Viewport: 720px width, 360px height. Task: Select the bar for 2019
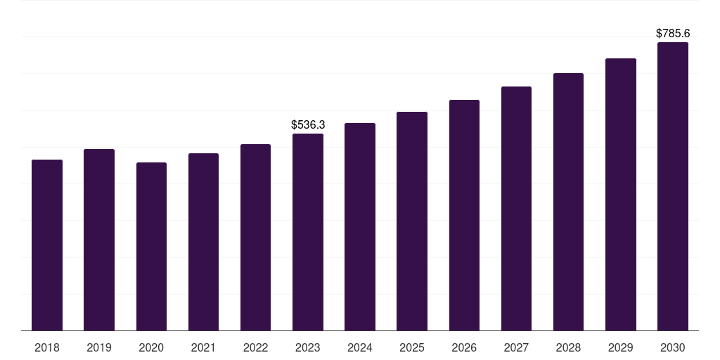pyautogui.click(x=99, y=240)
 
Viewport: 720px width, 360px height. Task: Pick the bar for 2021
pyautogui.click(x=203, y=242)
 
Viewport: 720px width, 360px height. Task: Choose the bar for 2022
pyautogui.click(x=255, y=237)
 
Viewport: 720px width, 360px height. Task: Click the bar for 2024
pyautogui.click(x=360, y=226)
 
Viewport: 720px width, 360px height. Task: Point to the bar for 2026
pyautogui.click(x=464, y=215)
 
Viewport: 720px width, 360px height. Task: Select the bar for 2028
pyautogui.click(x=568, y=202)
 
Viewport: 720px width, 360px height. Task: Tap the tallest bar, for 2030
pyautogui.click(x=673, y=186)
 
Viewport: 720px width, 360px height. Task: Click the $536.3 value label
pyautogui.click(x=308, y=124)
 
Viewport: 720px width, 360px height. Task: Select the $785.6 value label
pyautogui.click(x=673, y=33)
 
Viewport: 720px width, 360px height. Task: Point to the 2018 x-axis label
pyautogui.click(x=47, y=347)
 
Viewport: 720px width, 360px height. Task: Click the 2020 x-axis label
pyautogui.click(x=151, y=347)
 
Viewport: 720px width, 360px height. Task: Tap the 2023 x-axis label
pyautogui.click(x=308, y=347)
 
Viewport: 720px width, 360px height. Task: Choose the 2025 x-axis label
pyautogui.click(x=412, y=347)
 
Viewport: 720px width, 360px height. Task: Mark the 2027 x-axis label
pyautogui.click(x=516, y=347)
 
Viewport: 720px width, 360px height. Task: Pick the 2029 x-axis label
pyautogui.click(x=621, y=347)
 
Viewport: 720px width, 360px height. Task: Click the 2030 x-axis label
pyautogui.click(x=673, y=347)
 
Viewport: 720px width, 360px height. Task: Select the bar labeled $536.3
pyautogui.click(x=308, y=232)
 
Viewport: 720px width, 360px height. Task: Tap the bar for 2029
pyautogui.click(x=621, y=194)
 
